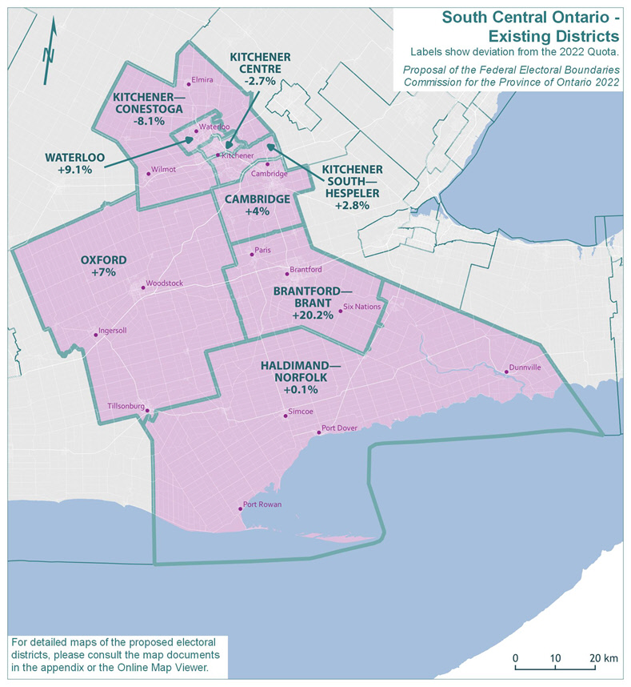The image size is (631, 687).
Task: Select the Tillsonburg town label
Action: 124,406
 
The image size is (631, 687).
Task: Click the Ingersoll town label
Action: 112,330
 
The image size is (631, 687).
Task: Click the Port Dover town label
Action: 340,428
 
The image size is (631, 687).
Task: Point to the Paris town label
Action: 263,251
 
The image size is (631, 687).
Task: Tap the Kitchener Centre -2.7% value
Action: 260,82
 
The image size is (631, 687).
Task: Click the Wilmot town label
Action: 163,169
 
